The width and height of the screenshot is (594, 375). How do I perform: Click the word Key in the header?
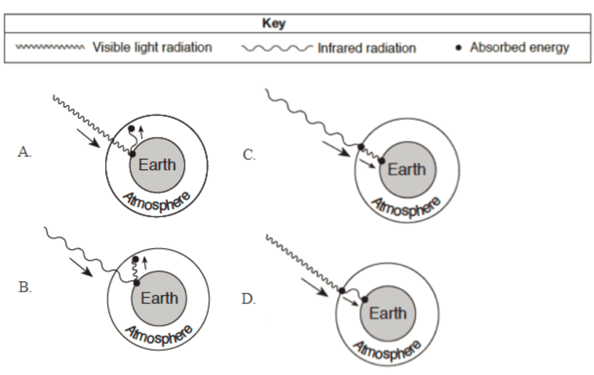coord(274,24)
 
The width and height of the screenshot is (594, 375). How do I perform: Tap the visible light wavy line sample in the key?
coord(51,47)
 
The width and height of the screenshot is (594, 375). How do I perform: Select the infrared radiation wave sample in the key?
coord(277,48)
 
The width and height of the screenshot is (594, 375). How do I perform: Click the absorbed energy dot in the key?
coord(458,48)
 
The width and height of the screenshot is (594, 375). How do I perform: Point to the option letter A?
coord(25,152)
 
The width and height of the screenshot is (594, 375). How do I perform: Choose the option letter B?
coord(25,287)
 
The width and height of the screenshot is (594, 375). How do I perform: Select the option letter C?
coord(249,154)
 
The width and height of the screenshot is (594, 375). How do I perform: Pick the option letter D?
coord(248,299)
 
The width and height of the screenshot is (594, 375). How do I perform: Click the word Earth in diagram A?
coord(157,165)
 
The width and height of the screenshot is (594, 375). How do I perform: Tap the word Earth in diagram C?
coord(407,170)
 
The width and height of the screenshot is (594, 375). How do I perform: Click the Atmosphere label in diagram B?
coord(159,335)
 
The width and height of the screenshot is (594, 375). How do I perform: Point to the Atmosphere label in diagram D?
coord(388,350)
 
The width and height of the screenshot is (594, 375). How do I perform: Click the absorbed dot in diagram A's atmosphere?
coord(131,129)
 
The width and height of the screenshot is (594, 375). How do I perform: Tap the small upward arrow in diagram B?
coord(145,263)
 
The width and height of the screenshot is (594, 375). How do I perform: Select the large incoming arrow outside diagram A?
coord(89,138)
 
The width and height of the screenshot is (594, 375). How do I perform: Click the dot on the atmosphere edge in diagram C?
coord(361,147)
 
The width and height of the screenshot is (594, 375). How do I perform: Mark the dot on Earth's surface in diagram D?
coord(365,299)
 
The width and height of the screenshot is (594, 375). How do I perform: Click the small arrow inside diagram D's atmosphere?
coord(350,301)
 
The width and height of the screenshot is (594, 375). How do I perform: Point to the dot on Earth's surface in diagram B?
coord(136,283)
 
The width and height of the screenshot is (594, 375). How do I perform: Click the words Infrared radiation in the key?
coord(367,48)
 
